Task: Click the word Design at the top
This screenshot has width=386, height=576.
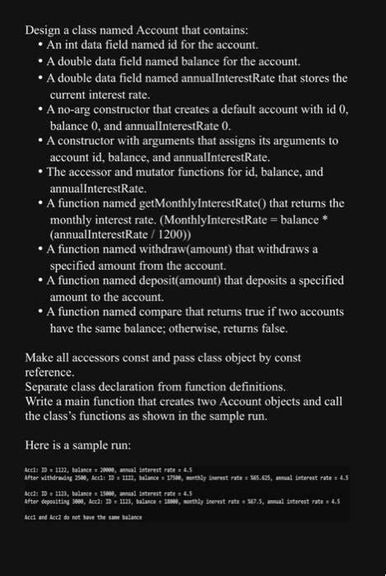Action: click(42, 30)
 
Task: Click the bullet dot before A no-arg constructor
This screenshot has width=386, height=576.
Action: click(40, 109)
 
